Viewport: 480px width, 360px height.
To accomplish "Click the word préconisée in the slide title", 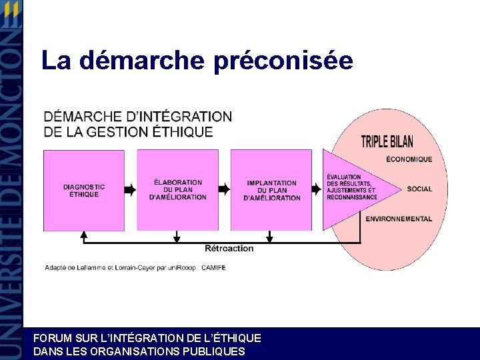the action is point(284,61).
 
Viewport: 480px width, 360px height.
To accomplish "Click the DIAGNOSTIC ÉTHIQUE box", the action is point(84,190).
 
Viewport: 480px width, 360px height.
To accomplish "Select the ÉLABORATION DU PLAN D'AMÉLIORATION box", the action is point(177,190).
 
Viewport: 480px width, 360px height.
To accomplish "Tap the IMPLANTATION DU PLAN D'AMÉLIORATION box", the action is point(271,190).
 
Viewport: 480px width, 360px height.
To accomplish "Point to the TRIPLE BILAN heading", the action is point(387,142).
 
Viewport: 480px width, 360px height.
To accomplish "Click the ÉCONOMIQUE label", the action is point(409,159).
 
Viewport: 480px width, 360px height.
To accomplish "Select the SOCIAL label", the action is point(419,189).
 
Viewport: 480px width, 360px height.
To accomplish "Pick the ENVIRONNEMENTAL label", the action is point(399,219).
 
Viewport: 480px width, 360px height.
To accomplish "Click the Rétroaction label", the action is point(229,249).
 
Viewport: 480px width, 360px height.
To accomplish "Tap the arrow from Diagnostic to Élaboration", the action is point(130,190).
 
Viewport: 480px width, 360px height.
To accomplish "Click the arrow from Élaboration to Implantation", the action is point(224,190).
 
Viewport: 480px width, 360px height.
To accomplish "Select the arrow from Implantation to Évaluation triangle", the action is point(317,190).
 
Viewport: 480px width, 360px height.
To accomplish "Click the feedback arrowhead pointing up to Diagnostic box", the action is point(84,235).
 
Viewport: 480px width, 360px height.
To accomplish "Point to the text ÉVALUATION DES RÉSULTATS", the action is point(349,181).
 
